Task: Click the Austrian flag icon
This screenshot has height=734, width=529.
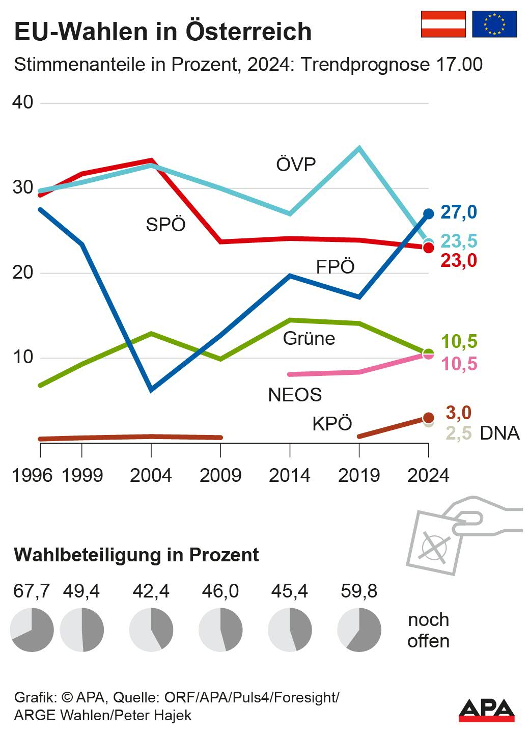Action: click(x=443, y=24)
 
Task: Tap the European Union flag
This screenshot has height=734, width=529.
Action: click(x=494, y=24)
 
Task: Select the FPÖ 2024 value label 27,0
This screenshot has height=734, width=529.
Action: click(x=458, y=212)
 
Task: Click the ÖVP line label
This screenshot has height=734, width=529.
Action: click(x=296, y=165)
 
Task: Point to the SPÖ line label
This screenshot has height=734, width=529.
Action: click(x=165, y=225)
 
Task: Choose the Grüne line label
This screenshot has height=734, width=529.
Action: click(x=309, y=339)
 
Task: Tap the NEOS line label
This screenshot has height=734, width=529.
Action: click(x=295, y=395)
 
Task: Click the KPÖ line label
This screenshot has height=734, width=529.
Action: click(x=332, y=424)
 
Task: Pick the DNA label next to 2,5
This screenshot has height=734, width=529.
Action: click(x=499, y=433)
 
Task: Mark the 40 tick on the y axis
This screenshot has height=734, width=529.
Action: click(x=23, y=102)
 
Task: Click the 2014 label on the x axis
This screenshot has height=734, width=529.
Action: click(x=290, y=475)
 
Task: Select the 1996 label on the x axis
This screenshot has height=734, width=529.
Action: click(x=32, y=475)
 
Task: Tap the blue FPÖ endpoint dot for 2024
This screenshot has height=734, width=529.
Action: click(x=429, y=214)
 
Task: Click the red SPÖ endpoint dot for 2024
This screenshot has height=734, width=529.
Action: click(x=429, y=248)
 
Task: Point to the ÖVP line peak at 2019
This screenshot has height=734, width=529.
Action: click(x=359, y=149)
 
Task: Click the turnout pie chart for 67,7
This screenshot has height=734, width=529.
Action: click(x=32, y=630)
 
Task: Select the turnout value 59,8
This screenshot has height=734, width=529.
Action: click(x=359, y=591)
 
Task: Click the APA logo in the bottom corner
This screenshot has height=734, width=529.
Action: click(x=486, y=710)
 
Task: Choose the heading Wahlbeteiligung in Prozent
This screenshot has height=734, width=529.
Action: click(x=136, y=555)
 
